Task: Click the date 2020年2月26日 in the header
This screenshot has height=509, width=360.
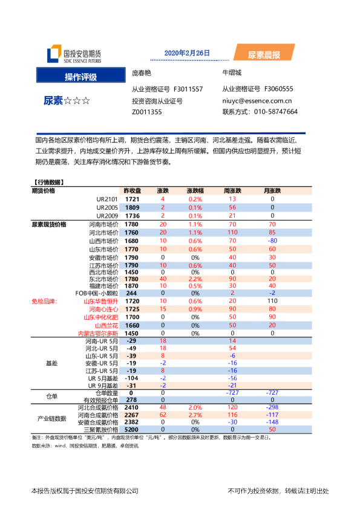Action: tap(187, 53)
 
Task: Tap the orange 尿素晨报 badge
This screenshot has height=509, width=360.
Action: tap(264, 55)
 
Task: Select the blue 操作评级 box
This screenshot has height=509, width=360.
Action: tap(80, 76)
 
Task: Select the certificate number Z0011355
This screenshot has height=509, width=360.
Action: tap(147, 112)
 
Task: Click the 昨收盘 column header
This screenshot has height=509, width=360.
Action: tap(133, 190)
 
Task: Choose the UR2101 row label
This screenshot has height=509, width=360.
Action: tap(107, 199)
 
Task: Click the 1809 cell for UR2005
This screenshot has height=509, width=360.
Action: tap(133, 207)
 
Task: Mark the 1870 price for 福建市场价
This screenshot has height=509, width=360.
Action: tap(133, 286)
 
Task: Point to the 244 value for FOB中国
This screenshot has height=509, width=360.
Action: tap(133, 293)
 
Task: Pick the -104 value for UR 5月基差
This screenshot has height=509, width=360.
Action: tap(132, 378)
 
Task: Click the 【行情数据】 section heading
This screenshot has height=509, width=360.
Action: tap(49, 182)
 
